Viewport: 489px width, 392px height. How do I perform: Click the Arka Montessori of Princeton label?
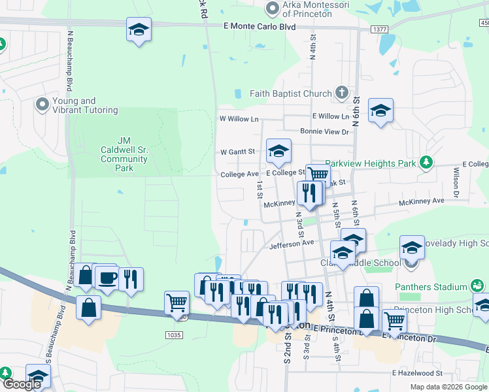(x=316, y=8)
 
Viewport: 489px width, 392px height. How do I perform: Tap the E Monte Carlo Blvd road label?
(x=260, y=27)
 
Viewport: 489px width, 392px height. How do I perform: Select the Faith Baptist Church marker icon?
(x=341, y=93)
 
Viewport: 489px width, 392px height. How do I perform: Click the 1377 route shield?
(x=379, y=29)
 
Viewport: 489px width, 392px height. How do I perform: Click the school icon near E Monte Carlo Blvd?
(x=138, y=30)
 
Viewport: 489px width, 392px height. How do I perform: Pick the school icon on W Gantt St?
(x=279, y=152)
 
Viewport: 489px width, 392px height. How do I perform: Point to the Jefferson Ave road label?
(x=292, y=244)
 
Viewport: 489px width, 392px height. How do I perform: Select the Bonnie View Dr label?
(x=325, y=131)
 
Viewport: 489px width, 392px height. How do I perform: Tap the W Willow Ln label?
(x=239, y=119)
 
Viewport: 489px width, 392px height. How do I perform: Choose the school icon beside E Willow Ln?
(x=380, y=110)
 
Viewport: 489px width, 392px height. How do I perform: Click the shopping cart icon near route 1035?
(x=177, y=302)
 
